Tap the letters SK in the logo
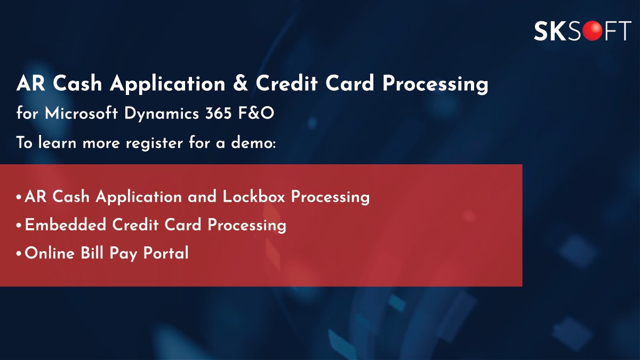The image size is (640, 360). click(x=549, y=31)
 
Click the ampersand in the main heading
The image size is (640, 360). click(x=239, y=84)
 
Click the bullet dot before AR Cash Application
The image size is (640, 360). click(x=19, y=197)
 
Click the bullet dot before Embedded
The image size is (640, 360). click(x=19, y=226)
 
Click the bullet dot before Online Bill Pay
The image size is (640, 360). click(x=19, y=254)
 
